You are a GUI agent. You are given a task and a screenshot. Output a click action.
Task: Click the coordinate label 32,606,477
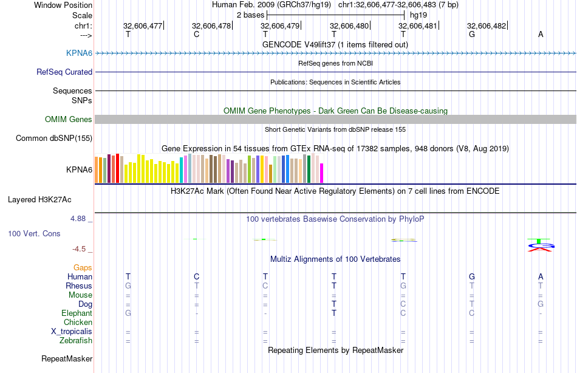143,26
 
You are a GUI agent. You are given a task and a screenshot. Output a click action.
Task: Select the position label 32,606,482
487,26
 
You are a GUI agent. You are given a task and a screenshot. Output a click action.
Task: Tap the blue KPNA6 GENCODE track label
79,53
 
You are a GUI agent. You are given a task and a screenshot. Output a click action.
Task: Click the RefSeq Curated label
64,72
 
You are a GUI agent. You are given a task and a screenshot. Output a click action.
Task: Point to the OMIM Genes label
69,119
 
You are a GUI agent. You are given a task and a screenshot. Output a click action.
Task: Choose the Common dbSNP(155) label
54,138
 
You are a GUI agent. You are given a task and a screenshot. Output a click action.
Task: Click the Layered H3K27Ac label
50,199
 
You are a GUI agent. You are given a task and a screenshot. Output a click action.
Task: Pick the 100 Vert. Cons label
34,233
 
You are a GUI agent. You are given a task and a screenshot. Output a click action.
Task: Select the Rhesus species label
79,286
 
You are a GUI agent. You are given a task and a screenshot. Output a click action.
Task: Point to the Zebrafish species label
75,341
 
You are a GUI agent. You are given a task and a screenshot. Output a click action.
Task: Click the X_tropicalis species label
72,332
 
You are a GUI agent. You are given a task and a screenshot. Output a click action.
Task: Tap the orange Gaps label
83,267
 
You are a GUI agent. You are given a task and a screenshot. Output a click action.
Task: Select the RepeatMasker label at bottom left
67,359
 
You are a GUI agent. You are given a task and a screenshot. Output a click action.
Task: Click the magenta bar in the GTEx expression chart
322,173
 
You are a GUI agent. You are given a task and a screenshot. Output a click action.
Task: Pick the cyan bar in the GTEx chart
182,170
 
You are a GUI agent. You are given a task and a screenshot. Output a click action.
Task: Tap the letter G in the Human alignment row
471,276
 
